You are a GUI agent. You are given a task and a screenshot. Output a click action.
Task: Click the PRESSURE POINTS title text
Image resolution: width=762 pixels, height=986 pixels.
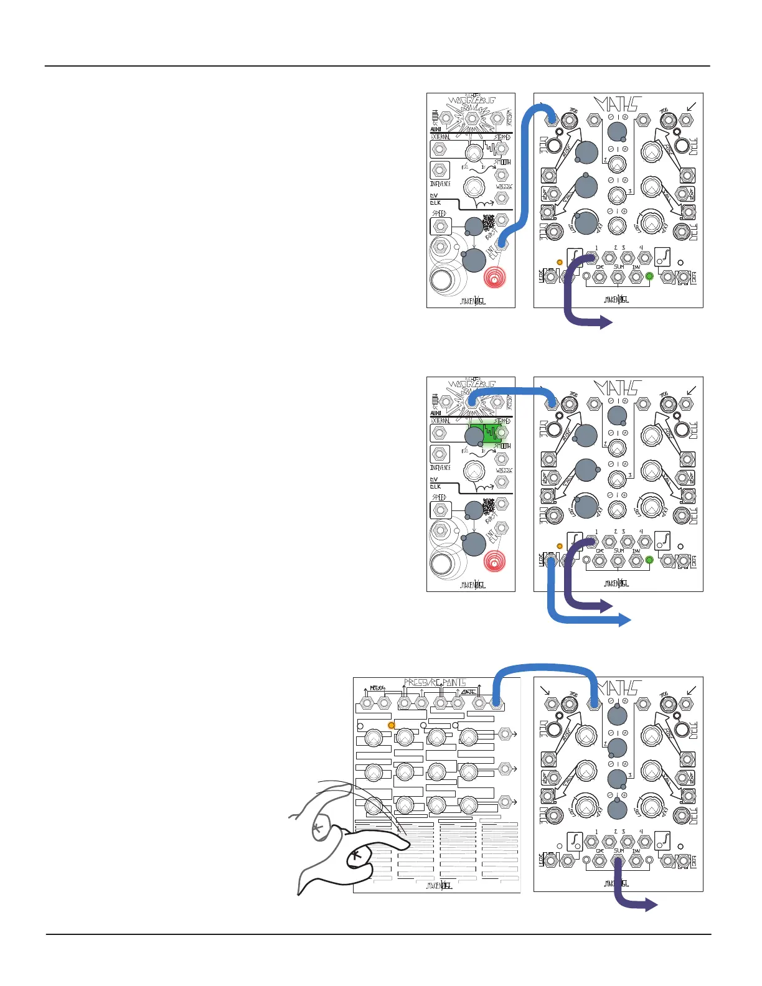point(435,682)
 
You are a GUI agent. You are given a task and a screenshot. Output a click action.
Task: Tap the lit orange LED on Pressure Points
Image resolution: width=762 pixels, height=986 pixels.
point(392,725)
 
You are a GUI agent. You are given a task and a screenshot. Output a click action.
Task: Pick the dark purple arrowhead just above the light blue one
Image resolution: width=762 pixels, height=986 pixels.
point(607,606)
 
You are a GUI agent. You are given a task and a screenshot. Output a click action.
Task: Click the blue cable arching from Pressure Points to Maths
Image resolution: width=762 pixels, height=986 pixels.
point(545,668)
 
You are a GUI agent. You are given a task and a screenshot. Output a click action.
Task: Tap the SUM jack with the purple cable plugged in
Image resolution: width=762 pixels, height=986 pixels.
point(618,862)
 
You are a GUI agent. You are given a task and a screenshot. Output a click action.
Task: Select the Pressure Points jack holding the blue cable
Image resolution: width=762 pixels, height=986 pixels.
point(496,703)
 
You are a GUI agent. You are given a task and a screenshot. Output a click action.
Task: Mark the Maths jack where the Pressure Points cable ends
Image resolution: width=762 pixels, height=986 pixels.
point(594,703)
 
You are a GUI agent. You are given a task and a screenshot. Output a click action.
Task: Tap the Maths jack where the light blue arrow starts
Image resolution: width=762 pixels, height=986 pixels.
point(550,560)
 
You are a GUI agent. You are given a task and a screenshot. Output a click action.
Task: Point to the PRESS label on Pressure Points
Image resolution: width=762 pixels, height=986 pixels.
point(377,688)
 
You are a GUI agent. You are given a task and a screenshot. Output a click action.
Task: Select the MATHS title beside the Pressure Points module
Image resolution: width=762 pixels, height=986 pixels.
point(619,687)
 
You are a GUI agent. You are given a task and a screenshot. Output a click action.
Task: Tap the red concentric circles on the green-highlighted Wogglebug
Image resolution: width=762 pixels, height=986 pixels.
point(495,561)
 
